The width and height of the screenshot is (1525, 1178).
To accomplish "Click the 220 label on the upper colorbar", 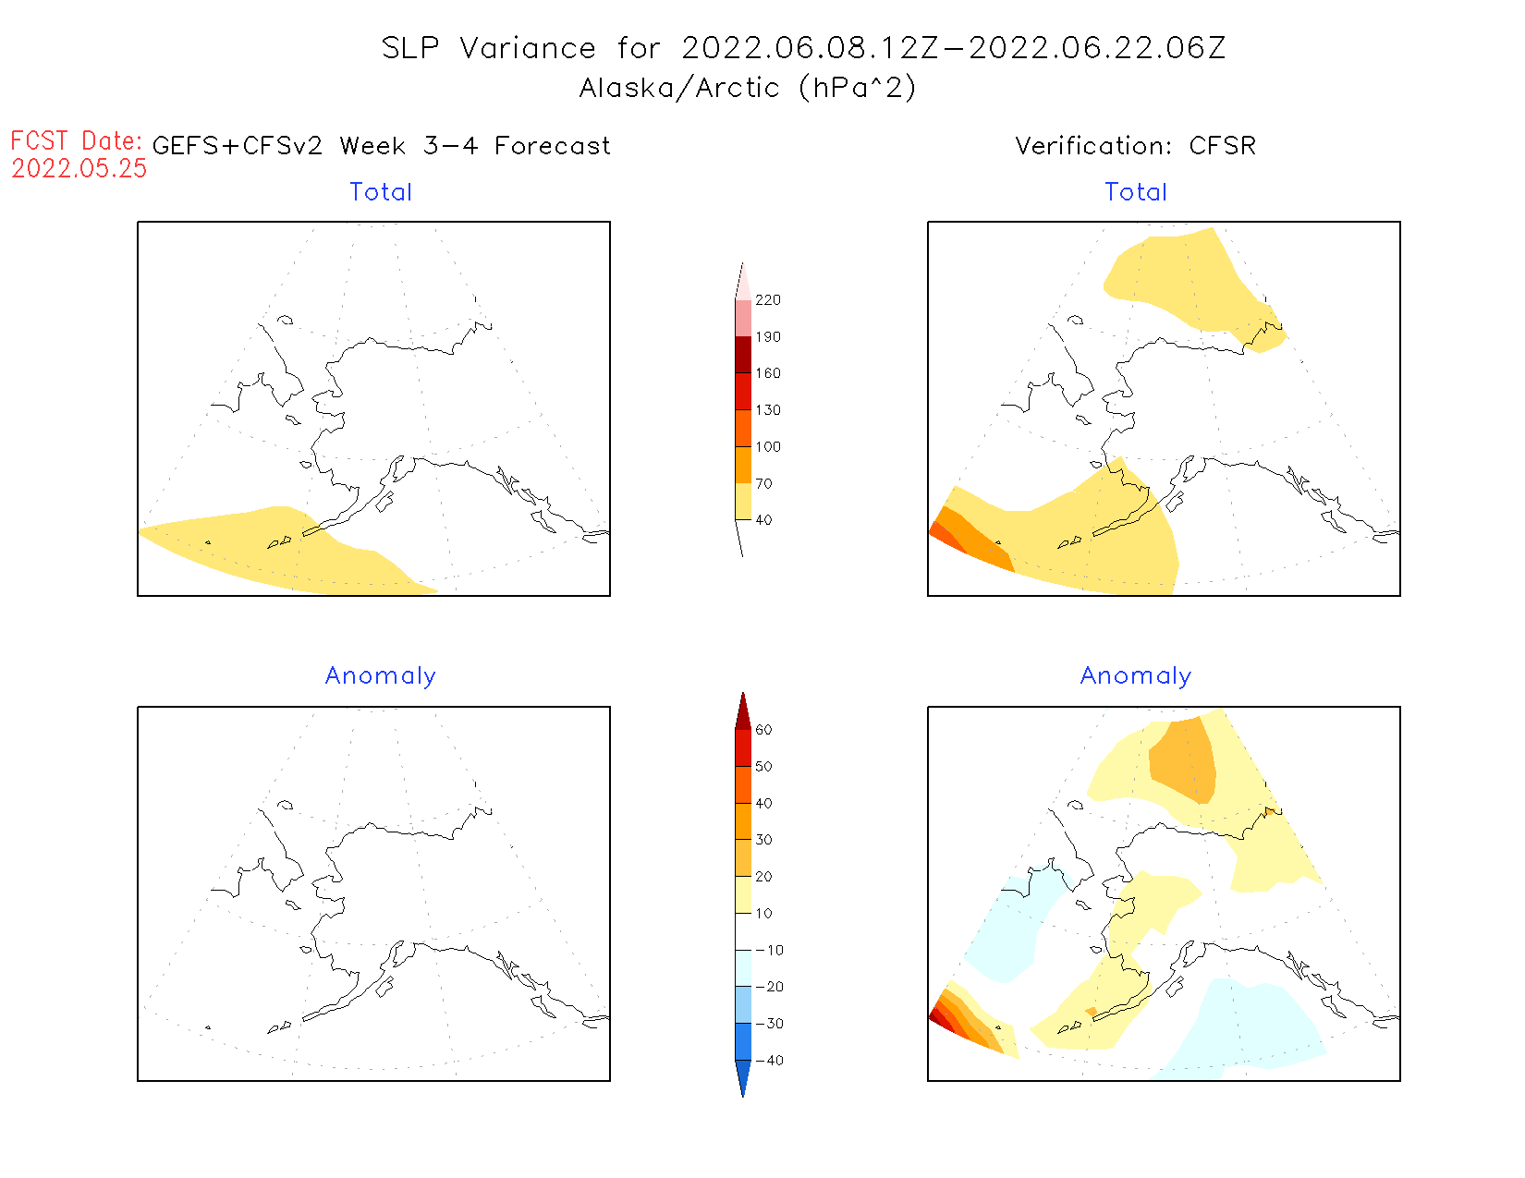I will pos(767,300).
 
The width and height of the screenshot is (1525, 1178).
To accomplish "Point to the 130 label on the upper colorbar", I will pos(767,410).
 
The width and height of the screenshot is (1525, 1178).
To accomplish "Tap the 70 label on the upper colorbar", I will pos(763,483).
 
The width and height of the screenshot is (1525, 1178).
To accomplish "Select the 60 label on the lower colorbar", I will pos(763,730).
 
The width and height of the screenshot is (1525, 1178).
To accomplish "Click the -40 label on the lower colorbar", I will pos(769,1061).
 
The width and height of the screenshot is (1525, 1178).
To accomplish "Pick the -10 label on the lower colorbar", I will pos(769,950).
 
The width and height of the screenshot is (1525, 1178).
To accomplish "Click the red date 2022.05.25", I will pos(79,168).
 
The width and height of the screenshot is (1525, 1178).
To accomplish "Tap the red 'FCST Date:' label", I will pos(76,141).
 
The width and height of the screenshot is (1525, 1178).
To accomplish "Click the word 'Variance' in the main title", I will pos(528,48).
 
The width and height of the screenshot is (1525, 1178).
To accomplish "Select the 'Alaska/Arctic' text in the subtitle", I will pos(679,88).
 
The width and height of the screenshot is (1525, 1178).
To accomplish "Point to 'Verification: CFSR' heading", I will pos(1135,146).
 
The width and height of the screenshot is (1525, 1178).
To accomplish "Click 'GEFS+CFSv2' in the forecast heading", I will pos(238,146).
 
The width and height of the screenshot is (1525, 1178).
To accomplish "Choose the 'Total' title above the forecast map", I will pos(381,192).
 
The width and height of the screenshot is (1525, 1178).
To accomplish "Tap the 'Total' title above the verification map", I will pos(1136,192).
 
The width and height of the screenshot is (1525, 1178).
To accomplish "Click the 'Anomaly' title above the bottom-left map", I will pos(381,676).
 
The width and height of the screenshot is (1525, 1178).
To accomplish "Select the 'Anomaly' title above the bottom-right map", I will pos(1136,676).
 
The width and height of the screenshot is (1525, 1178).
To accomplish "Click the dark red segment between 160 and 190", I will pos(743,355).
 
